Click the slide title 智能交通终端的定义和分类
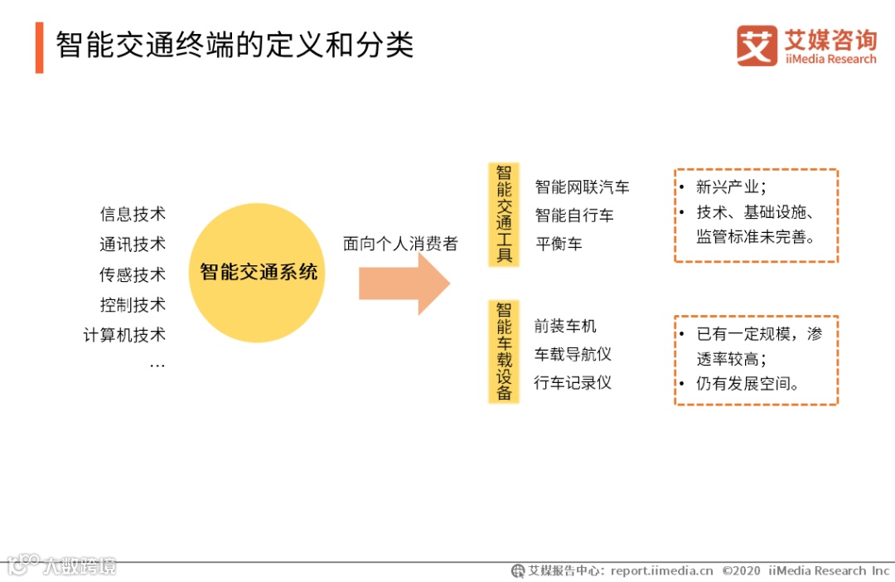(x=235, y=46)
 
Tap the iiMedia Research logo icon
(x=757, y=46)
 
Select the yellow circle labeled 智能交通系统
(x=258, y=272)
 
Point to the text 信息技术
(x=133, y=214)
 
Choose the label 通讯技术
(x=133, y=244)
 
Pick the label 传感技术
(x=133, y=274)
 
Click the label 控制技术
(x=133, y=304)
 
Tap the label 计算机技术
(x=124, y=335)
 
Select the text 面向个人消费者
(x=400, y=244)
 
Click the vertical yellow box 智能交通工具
(x=504, y=214)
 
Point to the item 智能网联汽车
(x=582, y=187)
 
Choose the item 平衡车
(x=559, y=244)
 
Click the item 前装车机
(x=565, y=326)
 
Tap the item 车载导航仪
(x=573, y=354)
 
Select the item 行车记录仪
(x=573, y=382)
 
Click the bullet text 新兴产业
(x=731, y=187)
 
